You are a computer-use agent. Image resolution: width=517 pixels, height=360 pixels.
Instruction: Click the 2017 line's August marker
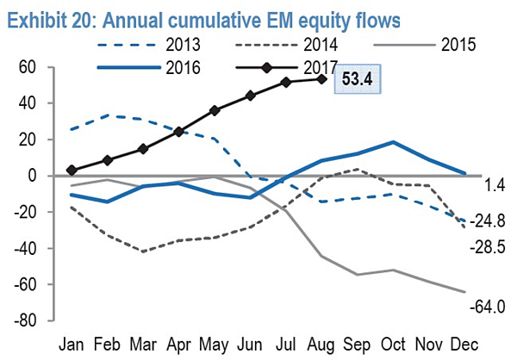click(321, 79)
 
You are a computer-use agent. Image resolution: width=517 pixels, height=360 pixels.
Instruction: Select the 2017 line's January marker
click(72, 171)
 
